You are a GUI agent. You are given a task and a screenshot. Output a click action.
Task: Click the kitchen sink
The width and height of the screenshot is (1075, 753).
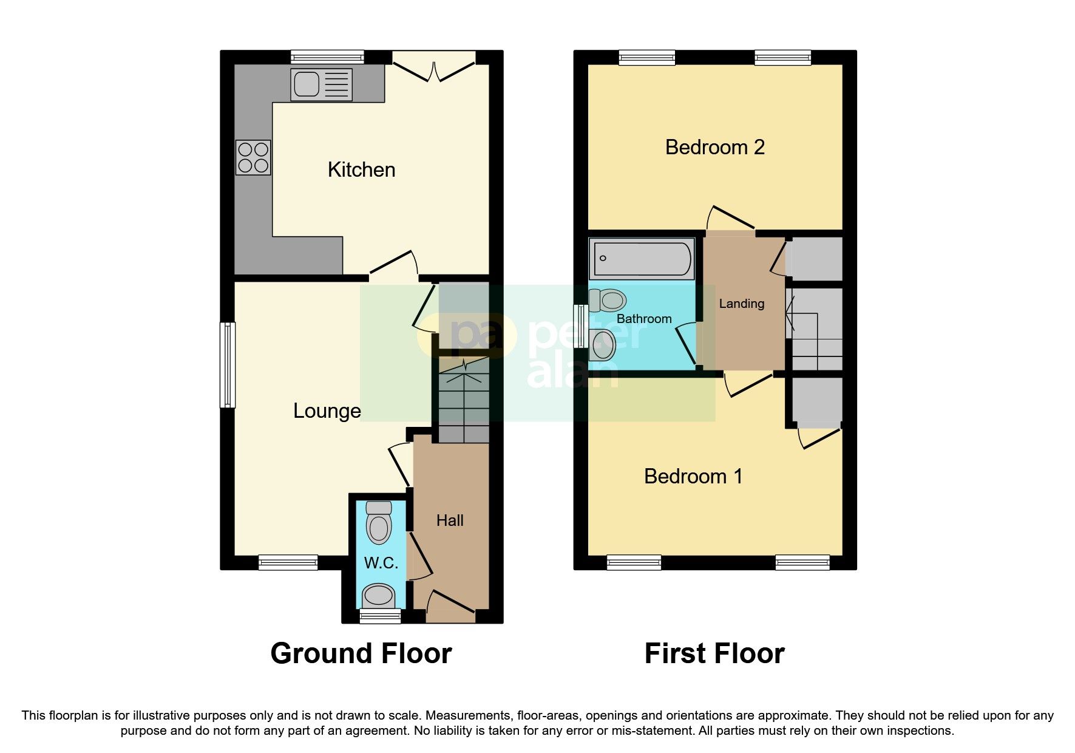point(321,84)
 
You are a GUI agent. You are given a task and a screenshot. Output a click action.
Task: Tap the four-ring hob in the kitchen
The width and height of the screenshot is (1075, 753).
point(253,157)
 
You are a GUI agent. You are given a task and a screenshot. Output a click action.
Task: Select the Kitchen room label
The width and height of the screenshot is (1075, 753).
point(361,170)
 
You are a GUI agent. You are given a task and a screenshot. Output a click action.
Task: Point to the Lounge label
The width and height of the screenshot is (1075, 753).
point(327,411)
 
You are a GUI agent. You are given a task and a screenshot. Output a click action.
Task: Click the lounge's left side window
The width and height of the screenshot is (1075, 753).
point(228,364)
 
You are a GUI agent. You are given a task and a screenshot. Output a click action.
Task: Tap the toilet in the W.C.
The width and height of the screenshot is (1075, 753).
point(379,523)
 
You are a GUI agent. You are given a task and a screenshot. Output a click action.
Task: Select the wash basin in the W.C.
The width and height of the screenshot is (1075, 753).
point(379,595)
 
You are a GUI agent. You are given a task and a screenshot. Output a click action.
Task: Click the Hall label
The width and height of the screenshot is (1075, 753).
point(450,520)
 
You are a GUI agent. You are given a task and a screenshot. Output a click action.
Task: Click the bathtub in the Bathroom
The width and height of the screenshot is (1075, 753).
point(642,259)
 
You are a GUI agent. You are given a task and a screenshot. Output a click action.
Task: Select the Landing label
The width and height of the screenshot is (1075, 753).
point(741,304)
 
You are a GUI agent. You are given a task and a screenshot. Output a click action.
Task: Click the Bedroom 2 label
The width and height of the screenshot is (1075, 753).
point(714,147)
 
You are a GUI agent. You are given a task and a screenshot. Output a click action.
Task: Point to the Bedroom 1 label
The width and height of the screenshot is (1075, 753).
point(693,476)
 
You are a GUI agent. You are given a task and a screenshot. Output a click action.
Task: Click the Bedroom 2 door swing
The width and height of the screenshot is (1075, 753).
point(731,220)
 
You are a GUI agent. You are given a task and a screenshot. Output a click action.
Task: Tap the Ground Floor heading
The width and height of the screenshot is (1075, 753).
point(361,653)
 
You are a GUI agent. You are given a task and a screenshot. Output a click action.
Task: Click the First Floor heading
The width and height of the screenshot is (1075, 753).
point(714,653)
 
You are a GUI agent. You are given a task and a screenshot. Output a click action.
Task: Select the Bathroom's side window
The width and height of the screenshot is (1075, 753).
point(581,326)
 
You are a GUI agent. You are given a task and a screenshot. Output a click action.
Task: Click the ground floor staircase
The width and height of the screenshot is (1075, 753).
point(464,401)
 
